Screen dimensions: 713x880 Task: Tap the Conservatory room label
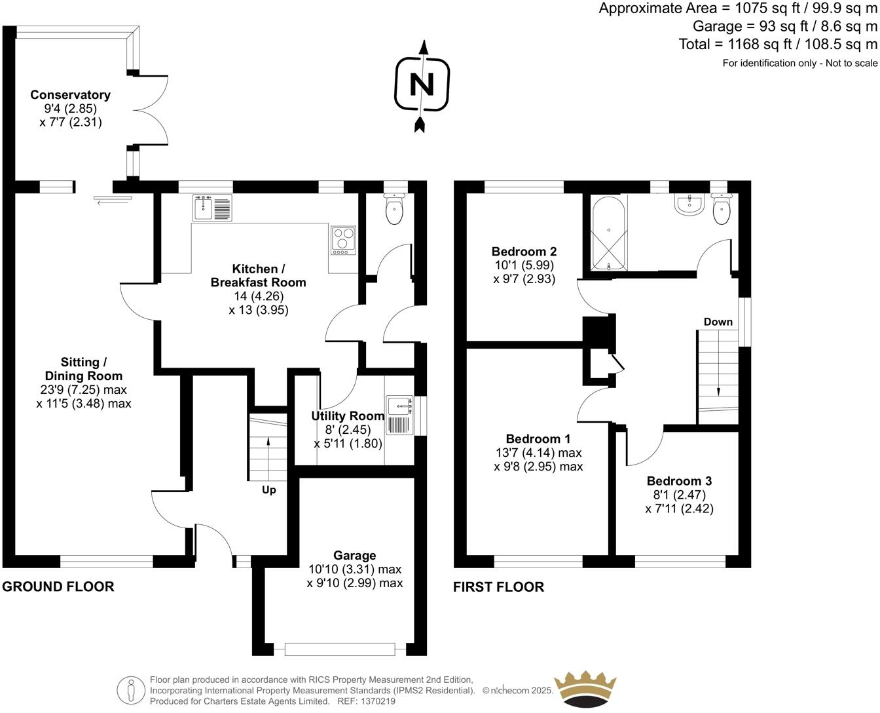tap(70, 95)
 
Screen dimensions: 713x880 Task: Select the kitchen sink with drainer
tap(212, 208)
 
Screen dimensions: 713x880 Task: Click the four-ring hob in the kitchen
tap(342, 241)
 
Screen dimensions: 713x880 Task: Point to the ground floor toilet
tap(395, 210)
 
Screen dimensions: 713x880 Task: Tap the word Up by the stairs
tap(269, 490)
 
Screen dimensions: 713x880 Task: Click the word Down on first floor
tap(718, 322)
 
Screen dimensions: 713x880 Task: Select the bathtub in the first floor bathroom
tap(609, 233)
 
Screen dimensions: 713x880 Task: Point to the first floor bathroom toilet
tap(721, 209)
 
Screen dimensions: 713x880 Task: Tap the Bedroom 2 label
tap(524, 252)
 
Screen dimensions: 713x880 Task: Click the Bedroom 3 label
tap(679, 481)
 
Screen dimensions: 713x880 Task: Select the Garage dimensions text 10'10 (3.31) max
tap(355, 569)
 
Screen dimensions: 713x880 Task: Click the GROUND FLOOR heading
tap(58, 587)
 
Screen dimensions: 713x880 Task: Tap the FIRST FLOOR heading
tap(498, 587)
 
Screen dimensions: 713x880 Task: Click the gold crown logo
tap(585, 688)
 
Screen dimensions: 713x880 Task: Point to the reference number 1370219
tap(375, 701)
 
